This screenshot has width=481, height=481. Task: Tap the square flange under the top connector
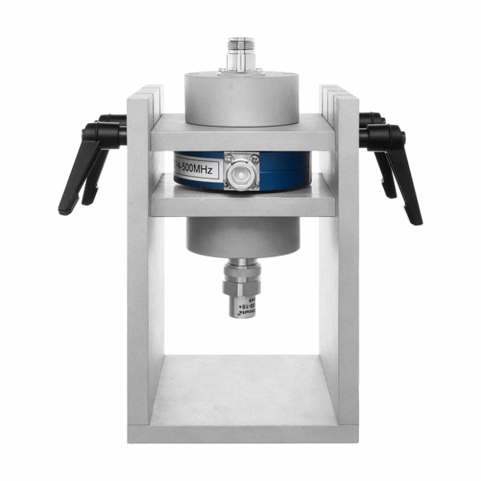[x=241, y=70]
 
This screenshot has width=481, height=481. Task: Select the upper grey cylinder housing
[x=241, y=96]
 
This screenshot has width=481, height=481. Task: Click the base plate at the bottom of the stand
[x=242, y=412]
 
